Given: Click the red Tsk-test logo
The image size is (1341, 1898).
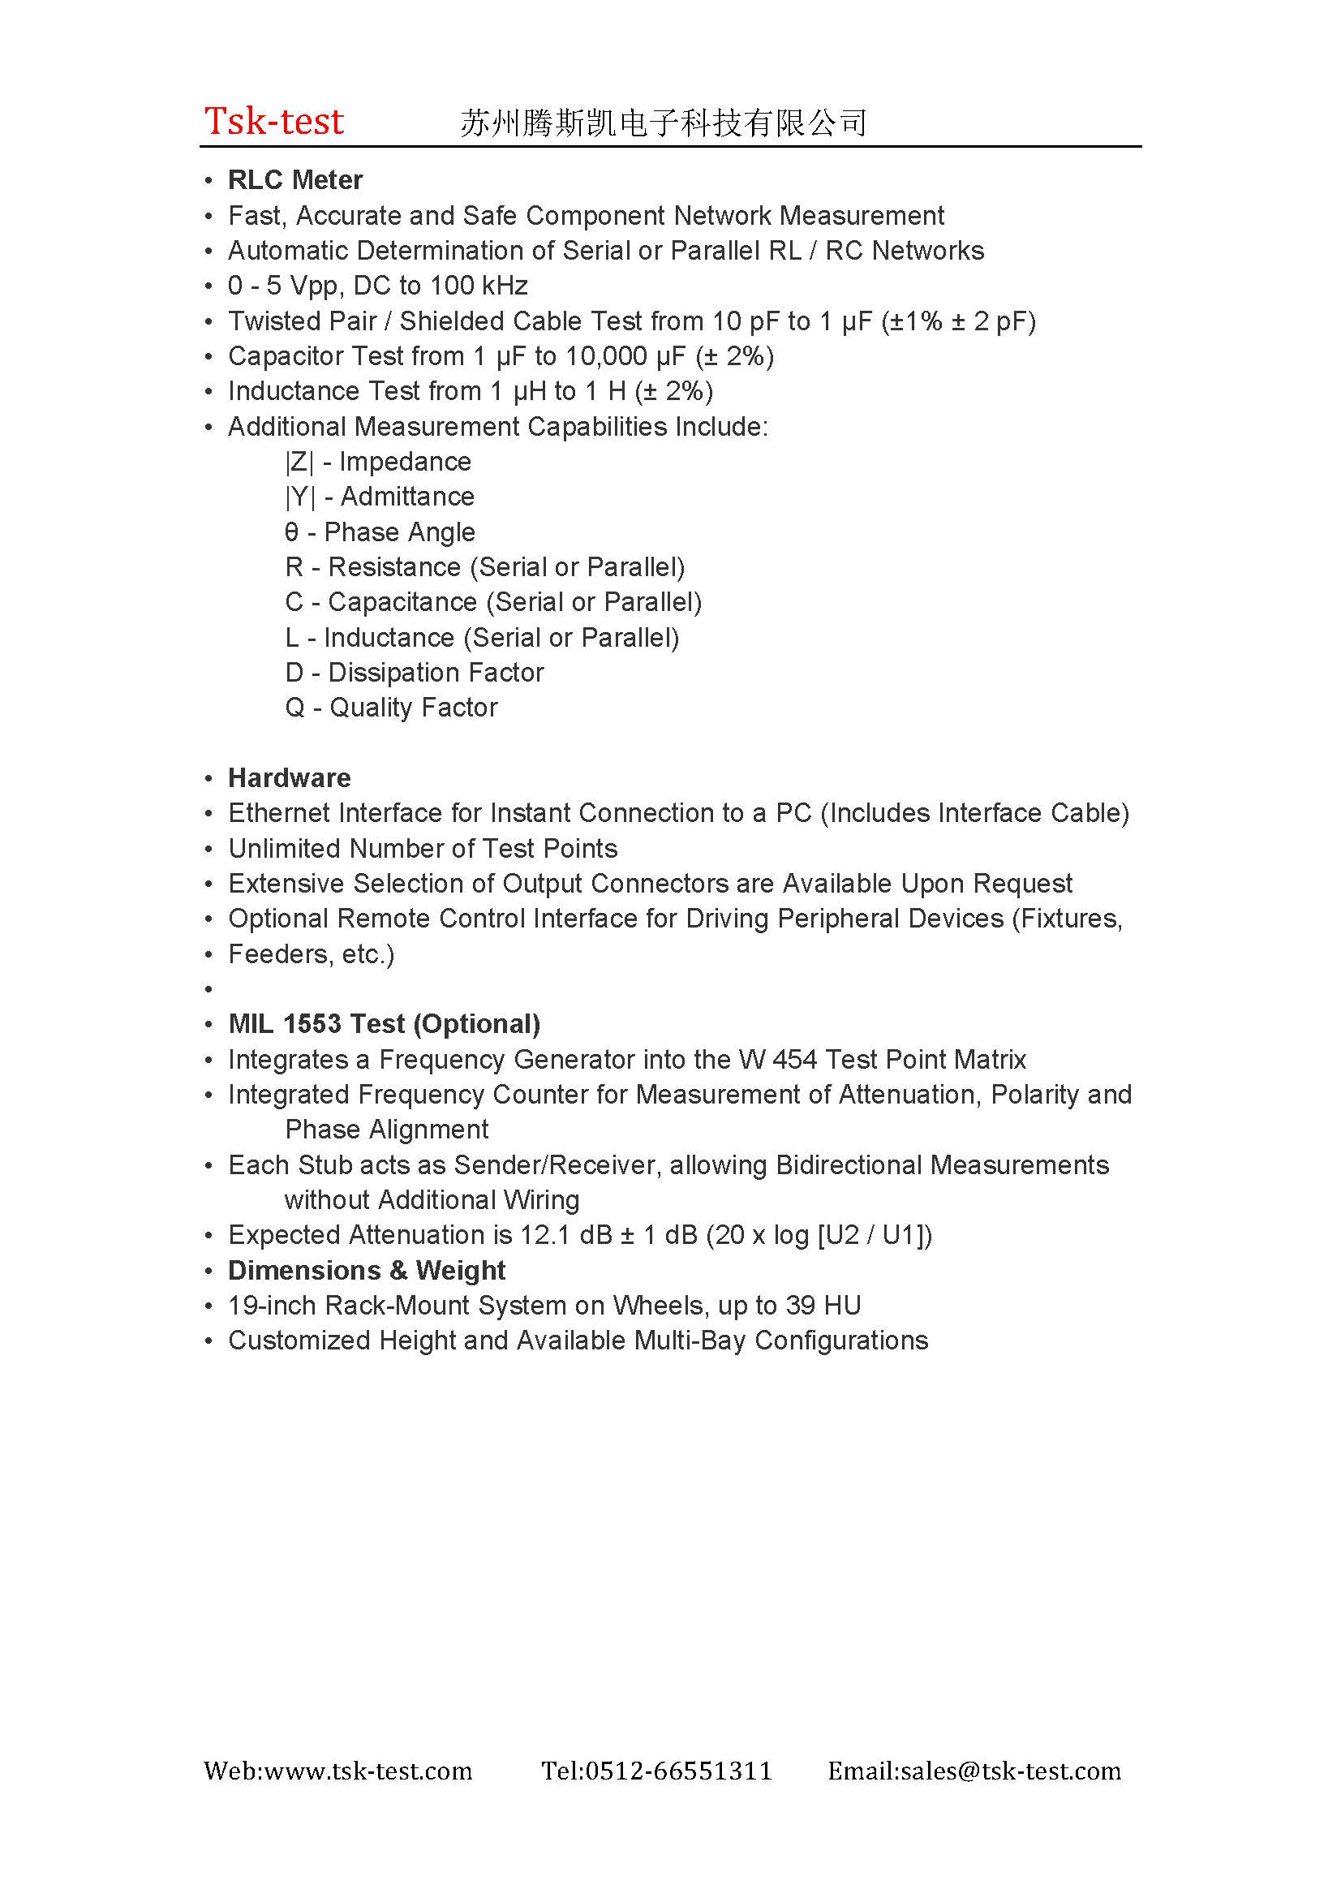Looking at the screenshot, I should click(x=273, y=121).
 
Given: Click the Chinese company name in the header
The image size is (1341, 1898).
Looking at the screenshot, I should click(x=663, y=123).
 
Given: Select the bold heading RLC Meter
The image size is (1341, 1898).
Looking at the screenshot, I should click(x=295, y=180).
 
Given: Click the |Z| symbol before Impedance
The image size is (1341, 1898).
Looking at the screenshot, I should click(x=299, y=462).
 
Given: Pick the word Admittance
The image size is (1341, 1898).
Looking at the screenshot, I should click(x=407, y=497).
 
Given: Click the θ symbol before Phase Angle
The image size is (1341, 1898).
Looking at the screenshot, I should click(x=291, y=532).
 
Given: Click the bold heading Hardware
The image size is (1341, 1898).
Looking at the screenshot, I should click(x=289, y=778).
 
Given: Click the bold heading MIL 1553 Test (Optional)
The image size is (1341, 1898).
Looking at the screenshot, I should click(x=385, y=1024).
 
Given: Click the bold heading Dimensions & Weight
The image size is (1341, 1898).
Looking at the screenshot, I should click(x=366, y=1271).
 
